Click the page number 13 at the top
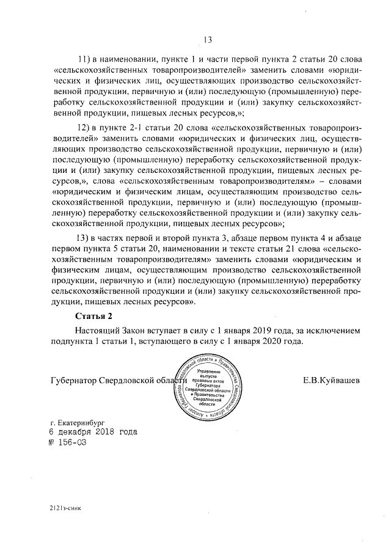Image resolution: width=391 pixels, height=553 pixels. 206,40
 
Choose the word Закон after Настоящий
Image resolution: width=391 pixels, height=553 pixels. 134,330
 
